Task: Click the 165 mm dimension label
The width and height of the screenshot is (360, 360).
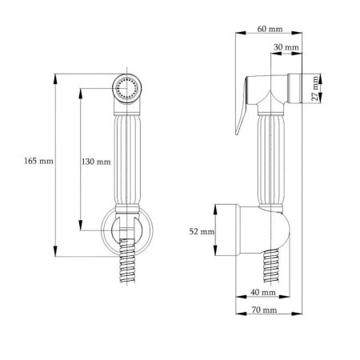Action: [x=38, y=161]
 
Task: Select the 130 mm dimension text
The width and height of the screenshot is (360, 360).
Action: [x=96, y=162]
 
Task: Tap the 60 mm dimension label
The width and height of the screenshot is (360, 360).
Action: [x=270, y=29]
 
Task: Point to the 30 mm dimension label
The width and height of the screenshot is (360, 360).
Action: [x=286, y=47]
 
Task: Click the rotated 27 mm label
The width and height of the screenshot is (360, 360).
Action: [x=315, y=89]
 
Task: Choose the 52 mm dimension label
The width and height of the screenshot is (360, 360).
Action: [x=202, y=231]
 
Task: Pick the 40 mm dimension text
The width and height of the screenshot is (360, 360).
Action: [x=263, y=292]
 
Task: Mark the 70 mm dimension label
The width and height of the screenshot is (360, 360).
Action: [x=264, y=310]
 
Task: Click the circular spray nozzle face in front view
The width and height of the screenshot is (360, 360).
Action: [x=127, y=88]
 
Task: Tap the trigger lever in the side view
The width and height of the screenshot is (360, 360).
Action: [x=241, y=106]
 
